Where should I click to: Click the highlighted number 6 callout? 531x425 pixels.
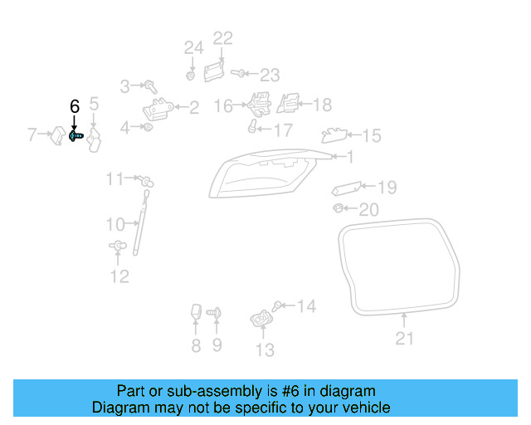click(x=75, y=106)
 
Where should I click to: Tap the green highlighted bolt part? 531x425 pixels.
click(x=74, y=135)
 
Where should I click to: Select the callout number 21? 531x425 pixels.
click(x=404, y=338)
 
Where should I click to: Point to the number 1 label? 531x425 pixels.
click(x=349, y=156)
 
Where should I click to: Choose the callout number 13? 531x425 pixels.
click(x=264, y=350)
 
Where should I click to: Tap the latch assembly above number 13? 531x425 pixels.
click(x=261, y=318)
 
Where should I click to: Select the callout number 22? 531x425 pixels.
click(x=223, y=37)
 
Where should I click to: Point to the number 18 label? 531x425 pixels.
click(x=321, y=105)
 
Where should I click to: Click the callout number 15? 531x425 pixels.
click(x=371, y=135)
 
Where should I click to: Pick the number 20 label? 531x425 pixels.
click(x=368, y=209)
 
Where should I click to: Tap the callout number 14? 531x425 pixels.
click(x=306, y=307)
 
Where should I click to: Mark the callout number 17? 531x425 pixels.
click(x=283, y=130)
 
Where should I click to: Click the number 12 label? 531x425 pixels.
click(x=119, y=276)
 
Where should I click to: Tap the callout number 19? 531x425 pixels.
click(x=387, y=188)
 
